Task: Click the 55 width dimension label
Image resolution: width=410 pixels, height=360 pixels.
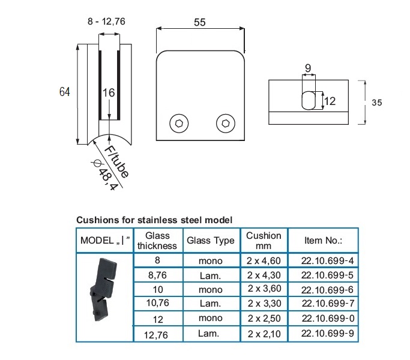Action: (199, 22)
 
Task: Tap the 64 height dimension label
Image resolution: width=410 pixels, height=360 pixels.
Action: (65, 92)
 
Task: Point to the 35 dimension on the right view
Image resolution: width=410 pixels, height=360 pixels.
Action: (376, 103)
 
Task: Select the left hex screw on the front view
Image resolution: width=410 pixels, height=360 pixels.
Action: (178, 124)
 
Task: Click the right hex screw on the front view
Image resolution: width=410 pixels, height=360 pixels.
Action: (225, 124)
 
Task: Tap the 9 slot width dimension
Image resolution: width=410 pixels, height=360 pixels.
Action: (308, 68)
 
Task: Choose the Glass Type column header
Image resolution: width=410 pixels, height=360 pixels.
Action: (210, 241)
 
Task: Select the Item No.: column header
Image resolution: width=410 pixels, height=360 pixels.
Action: (323, 241)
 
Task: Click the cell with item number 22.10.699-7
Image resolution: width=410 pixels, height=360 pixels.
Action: (323, 304)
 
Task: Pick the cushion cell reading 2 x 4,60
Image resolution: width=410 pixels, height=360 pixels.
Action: (264, 261)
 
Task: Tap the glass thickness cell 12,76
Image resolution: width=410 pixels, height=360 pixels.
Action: (157, 333)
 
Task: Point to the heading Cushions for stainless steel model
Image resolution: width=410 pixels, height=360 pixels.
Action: (154, 220)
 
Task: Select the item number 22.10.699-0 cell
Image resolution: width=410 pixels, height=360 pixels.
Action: (323, 319)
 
